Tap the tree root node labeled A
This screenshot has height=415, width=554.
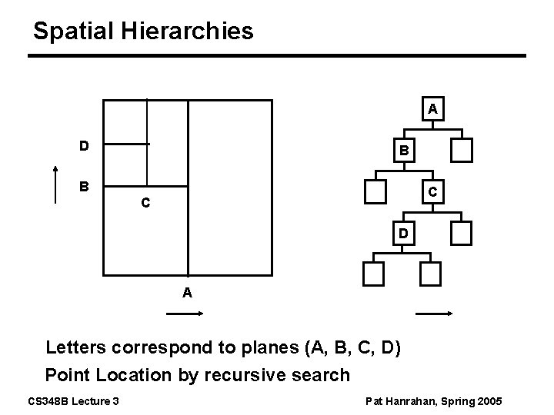click(433, 109)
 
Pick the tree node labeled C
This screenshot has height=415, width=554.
click(433, 191)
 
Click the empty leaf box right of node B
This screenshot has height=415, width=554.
click(462, 150)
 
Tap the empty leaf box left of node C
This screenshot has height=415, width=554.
click(376, 191)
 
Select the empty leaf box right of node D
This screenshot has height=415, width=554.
click(462, 232)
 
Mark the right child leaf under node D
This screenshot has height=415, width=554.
click(431, 273)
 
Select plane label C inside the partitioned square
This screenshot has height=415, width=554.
click(145, 204)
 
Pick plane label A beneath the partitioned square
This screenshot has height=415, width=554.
click(187, 292)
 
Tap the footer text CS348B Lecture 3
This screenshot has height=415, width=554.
click(72, 401)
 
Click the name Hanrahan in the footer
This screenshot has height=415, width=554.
click(419, 401)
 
